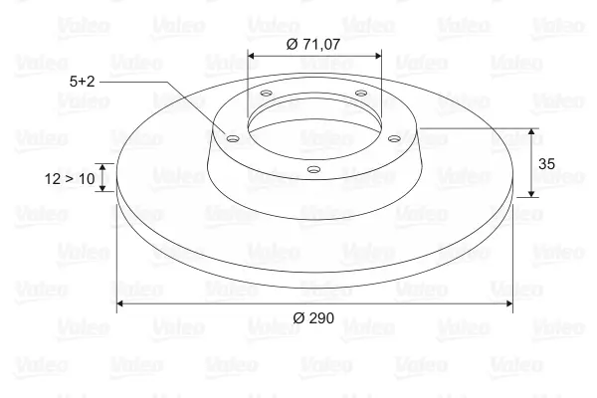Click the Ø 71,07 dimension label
pos(313,44)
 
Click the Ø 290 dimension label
pos(313,317)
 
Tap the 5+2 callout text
pos(82,82)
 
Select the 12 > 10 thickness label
pos(70,178)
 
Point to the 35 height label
pos(546,164)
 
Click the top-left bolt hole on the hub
pos(266,93)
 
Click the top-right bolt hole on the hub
pos(360,93)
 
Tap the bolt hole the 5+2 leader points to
pos(232,138)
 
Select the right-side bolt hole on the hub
pos(395,138)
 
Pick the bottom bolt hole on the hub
pos(313,169)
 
